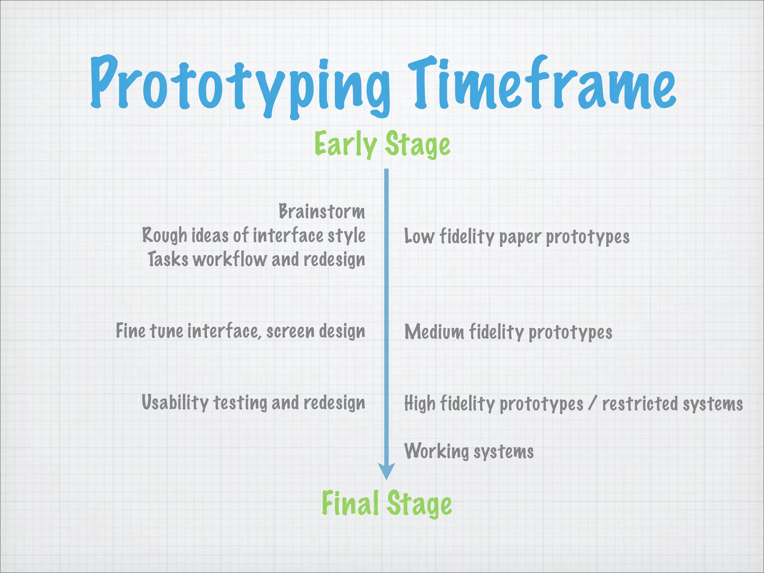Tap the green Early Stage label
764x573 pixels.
pos(382,144)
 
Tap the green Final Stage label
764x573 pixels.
pos(386,503)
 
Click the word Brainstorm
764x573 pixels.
pos(322,212)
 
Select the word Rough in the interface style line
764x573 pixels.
pos(164,235)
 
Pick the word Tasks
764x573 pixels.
pos(168,259)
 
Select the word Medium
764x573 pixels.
pos(434,332)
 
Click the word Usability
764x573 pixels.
pos(175,403)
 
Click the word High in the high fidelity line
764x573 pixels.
pos(419,404)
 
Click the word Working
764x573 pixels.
pos(436,451)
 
